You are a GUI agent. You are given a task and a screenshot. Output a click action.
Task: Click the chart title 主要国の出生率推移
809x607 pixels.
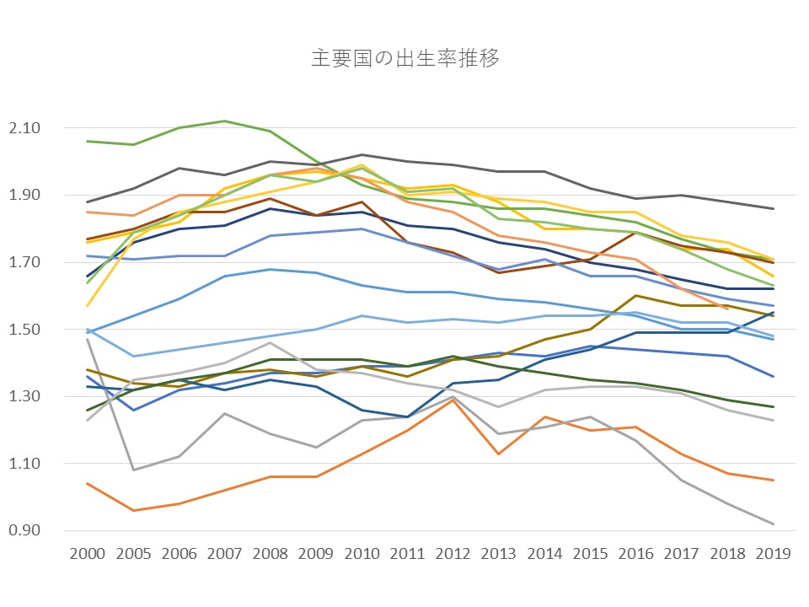point(404,58)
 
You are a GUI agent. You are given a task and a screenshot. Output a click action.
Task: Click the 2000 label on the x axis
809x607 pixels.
point(88,554)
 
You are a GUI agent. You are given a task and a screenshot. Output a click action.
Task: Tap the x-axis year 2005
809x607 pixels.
point(133,554)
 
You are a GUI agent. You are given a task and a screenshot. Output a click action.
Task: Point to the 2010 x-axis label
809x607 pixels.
point(362,554)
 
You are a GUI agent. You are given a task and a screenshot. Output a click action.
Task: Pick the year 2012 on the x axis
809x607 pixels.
point(453,554)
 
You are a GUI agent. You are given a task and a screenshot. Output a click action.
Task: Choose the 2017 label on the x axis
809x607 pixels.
point(683,554)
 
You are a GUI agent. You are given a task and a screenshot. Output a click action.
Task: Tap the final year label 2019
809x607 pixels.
point(774,554)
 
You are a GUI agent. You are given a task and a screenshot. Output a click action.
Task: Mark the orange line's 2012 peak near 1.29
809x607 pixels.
point(453,400)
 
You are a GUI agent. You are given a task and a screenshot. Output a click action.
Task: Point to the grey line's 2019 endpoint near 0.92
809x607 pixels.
point(774,524)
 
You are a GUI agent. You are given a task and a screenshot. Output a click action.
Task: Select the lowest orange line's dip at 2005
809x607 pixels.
point(133,510)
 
